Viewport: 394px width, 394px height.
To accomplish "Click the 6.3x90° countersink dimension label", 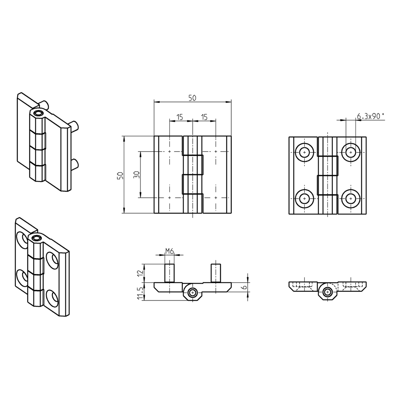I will (x=370, y=116).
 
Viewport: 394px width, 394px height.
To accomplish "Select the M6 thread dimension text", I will (x=170, y=251).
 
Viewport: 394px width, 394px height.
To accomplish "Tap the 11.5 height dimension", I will (x=140, y=293).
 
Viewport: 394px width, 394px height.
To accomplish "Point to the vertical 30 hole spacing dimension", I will (x=136, y=175).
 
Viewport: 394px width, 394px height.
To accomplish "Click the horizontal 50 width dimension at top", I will (x=192, y=98).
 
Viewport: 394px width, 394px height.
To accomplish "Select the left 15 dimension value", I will (x=180, y=117).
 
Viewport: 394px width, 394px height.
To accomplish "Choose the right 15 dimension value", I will (x=204, y=117).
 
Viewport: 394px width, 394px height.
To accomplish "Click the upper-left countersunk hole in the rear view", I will (x=305, y=152).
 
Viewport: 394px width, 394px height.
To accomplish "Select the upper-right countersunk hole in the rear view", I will (x=350, y=152).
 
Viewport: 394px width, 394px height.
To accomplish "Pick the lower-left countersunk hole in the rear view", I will (x=305, y=198).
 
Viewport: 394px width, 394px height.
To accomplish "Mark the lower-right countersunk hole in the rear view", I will (x=350, y=198).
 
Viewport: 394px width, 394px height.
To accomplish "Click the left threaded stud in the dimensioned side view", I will (x=170, y=272).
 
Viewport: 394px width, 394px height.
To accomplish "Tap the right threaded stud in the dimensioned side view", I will (x=216, y=272).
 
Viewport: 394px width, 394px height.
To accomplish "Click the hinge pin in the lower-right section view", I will (x=327, y=292).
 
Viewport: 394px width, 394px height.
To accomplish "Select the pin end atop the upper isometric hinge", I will (x=38, y=114).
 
